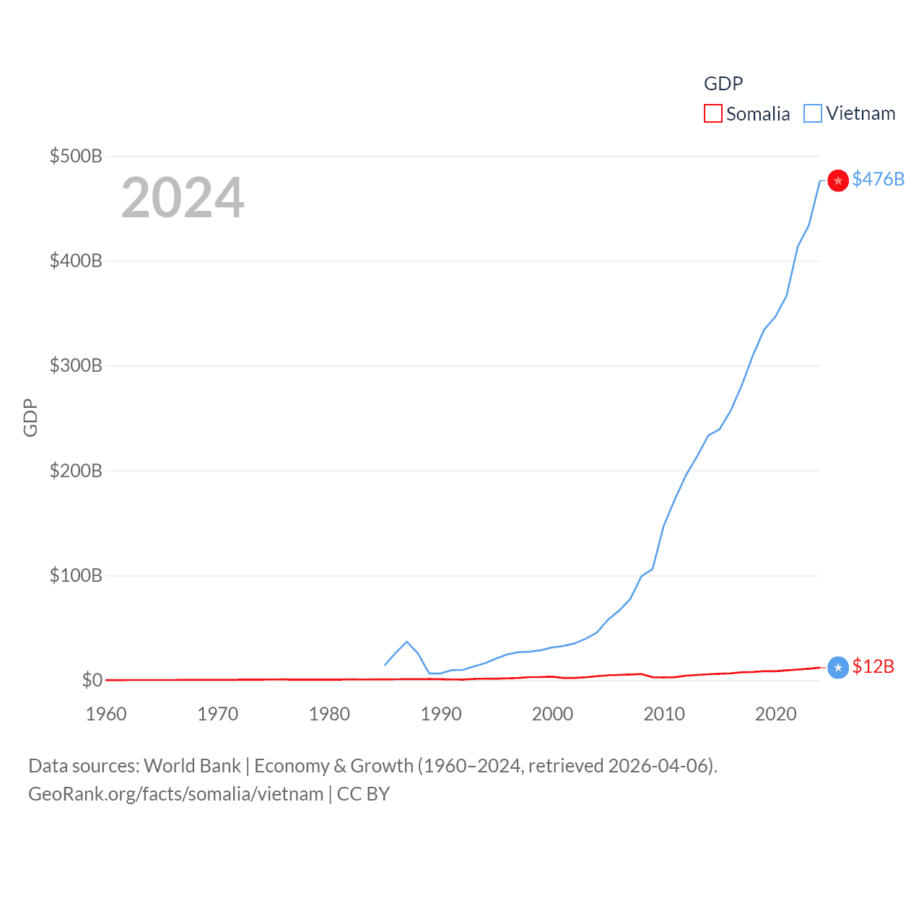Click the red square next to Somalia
tap(712, 113)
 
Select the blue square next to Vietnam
tap(813, 113)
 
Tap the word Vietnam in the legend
tap(860, 113)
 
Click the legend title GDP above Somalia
tap(723, 84)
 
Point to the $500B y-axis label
tap(76, 156)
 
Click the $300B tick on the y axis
tap(76, 365)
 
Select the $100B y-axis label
tap(76, 575)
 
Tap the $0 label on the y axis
tap(92, 680)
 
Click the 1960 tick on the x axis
tap(106, 714)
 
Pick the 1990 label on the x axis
tap(441, 714)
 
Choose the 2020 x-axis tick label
tap(775, 714)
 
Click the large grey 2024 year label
tap(183, 198)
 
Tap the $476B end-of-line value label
tap(878, 179)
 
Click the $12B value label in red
tap(873, 666)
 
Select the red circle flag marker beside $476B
tap(837, 180)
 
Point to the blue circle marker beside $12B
tap(837, 668)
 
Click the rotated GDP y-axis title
tap(30, 417)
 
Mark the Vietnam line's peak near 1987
tap(407, 642)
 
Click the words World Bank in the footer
tap(192, 765)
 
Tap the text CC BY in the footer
tap(363, 794)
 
